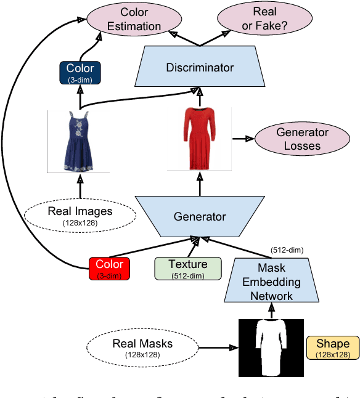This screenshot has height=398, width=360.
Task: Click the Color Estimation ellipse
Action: point(134,19)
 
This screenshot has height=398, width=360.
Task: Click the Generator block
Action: point(199,216)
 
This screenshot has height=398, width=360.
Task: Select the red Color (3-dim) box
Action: point(109,269)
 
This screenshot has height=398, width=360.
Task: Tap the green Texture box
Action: point(188,269)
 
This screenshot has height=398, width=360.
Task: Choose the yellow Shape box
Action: point(332,348)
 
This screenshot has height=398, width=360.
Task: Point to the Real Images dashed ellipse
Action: point(80,215)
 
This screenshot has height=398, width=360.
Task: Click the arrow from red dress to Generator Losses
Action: point(244,139)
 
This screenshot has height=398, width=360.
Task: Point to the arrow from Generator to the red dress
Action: point(198,183)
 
